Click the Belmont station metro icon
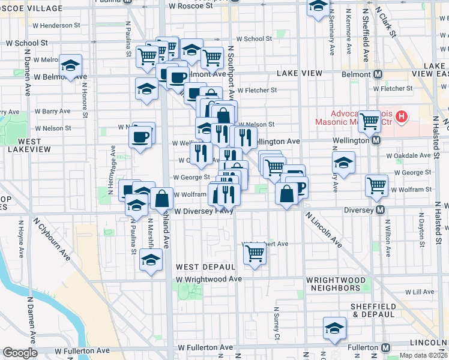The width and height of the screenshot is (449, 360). [x=378, y=74]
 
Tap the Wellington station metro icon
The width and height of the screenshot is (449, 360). [x=376, y=140]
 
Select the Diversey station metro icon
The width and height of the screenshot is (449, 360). [x=380, y=211]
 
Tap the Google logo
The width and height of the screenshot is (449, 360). [x=20, y=353]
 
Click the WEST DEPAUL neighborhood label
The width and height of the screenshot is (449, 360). [x=205, y=266]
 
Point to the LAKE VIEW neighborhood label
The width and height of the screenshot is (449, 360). [x=300, y=73]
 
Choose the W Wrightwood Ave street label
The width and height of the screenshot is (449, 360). [x=209, y=279]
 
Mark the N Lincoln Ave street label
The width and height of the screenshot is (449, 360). [x=324, y=230]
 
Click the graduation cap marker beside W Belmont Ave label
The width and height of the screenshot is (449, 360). [x=71, y=67]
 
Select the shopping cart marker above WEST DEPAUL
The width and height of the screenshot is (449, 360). [x=255, y=254]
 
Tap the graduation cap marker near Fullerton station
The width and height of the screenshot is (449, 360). [x=334, y=328]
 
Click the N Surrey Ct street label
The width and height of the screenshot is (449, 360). [x=277, y=324]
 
